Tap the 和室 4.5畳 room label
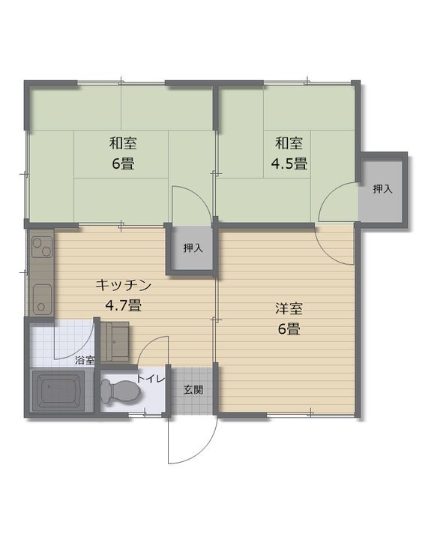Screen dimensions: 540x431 [289, 153]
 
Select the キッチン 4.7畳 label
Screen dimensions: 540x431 [124, 295]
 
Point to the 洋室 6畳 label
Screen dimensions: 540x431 [289, 318]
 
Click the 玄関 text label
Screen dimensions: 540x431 [193, 390]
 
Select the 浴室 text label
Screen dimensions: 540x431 [84, 361]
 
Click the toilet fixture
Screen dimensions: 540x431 [120, 390]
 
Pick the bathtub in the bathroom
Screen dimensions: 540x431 [63, 391]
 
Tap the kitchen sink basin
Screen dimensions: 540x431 [41, 300]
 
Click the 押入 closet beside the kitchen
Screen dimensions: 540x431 [193, 247]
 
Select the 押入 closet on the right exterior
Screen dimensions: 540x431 [383, 189]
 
